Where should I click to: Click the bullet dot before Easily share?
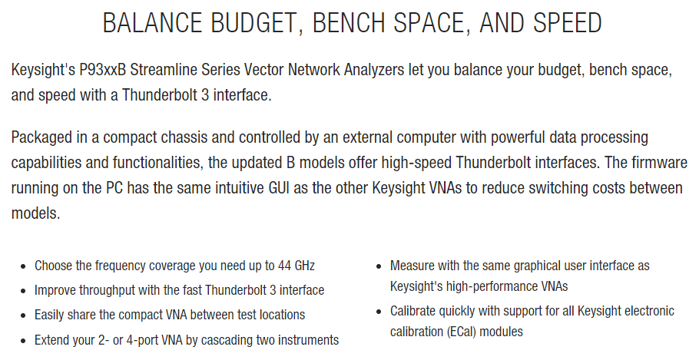coord(24,315)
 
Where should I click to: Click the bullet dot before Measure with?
coord(379,266)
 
